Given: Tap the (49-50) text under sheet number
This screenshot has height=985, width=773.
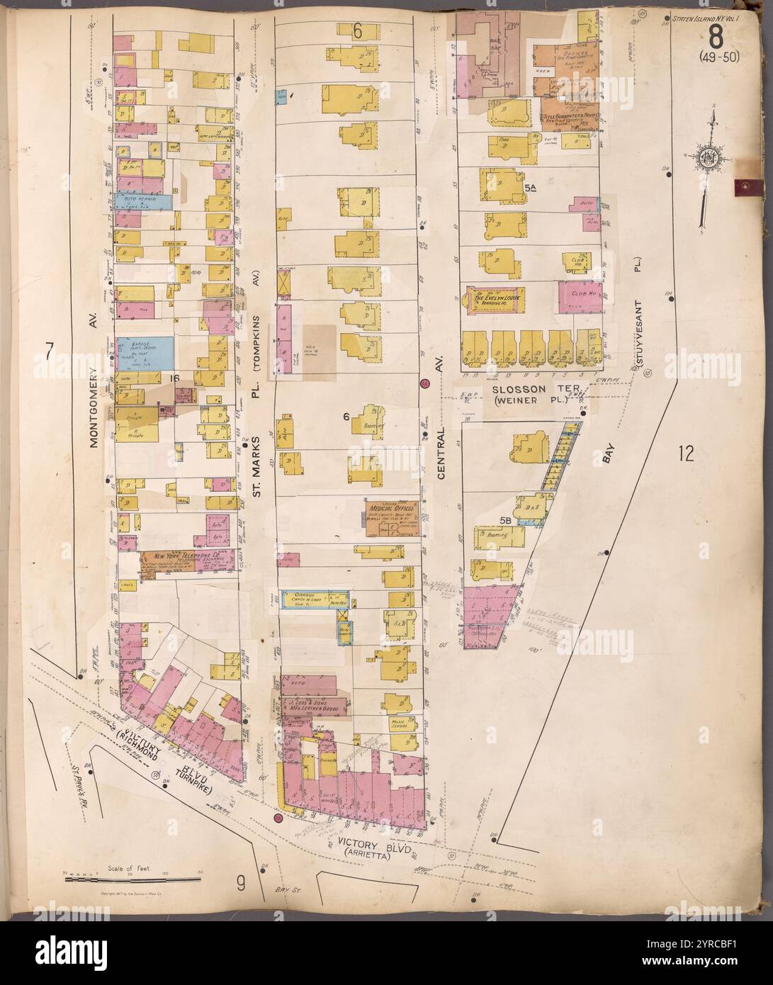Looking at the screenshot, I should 718,57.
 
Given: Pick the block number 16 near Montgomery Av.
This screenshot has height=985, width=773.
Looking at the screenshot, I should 174,379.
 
